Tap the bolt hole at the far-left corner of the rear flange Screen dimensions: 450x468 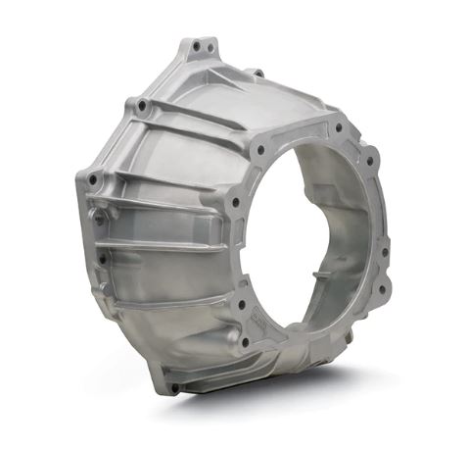coord(93,180)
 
